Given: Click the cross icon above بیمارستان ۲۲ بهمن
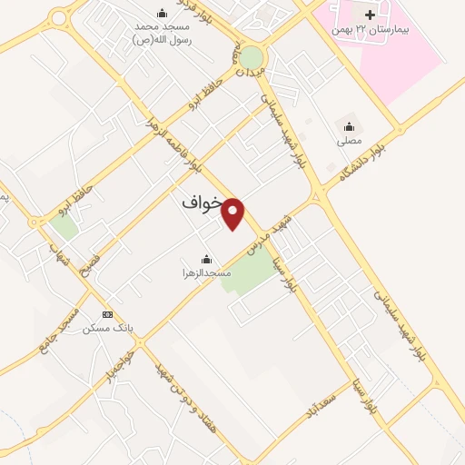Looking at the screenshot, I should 369,15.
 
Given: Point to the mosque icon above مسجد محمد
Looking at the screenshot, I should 162,13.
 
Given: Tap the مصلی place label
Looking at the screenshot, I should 350,141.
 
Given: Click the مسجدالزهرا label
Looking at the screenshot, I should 205,272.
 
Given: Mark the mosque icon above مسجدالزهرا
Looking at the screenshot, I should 206,258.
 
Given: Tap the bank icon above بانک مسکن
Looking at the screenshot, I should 108,314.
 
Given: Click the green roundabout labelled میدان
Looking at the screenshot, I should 252,59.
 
